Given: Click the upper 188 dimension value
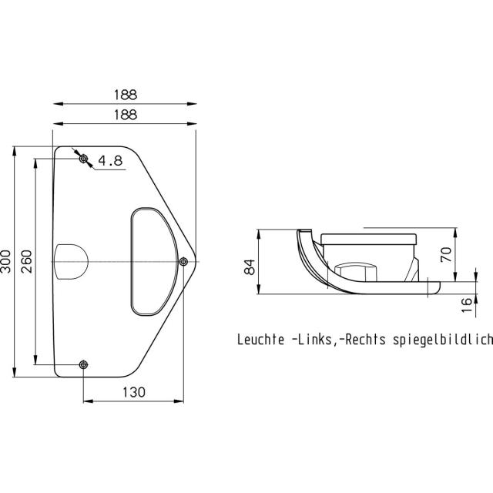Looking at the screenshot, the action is tap(126, 95).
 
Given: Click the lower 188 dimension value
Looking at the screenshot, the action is tap(126, 115).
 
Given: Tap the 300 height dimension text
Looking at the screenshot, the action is tap(6, 261).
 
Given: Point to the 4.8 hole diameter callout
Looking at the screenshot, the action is tap(110, 161).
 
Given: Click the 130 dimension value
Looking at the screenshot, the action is tap(133, 392).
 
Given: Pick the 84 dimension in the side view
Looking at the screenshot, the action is tap(250, 267).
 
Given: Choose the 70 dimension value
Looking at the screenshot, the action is tap(446, 255).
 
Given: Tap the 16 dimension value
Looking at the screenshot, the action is tap(467, 305).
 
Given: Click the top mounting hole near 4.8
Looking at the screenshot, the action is tap(83, 159).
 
